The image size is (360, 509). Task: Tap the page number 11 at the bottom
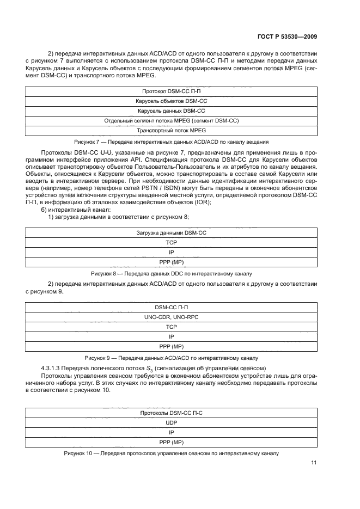(x=314, y=463)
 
